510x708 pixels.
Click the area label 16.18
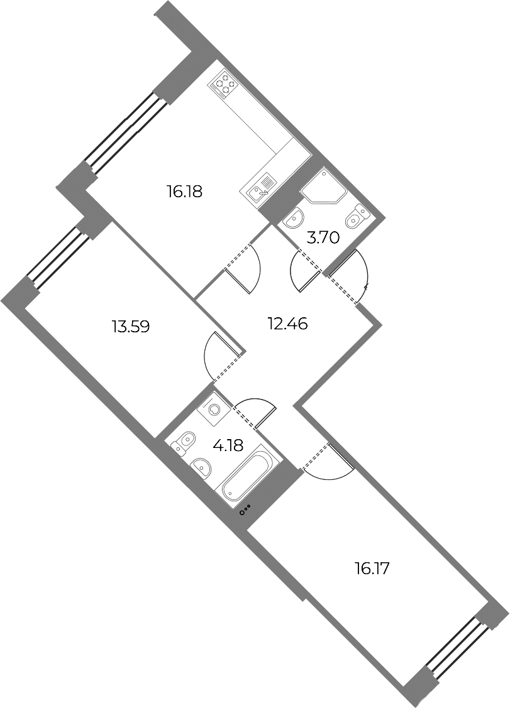click(x=185, y=192)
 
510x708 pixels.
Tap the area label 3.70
click(x=323, y=237)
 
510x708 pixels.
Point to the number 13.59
click(x=131, y=325)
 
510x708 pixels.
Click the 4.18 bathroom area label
click(x=228, y=445)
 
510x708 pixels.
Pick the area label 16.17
click(x=372, y=568)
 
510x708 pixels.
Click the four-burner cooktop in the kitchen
click(x=225, y=84)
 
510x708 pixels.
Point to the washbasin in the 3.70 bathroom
click(x=294, y=219)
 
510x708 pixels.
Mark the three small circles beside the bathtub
click(x=245, y=511)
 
